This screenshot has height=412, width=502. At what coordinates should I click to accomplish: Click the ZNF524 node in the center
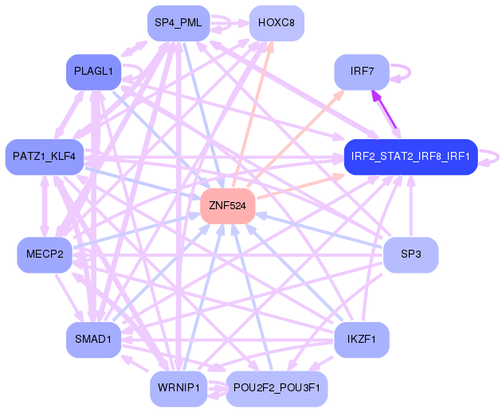coord(228,205)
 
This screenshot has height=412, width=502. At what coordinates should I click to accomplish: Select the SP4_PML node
coord(178,22)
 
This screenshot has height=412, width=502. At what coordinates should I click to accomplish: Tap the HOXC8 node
coord(276,22)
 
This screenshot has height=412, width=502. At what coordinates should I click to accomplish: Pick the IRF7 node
coord(361,72)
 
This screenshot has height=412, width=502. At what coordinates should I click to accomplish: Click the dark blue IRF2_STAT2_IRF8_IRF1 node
coord(410,156)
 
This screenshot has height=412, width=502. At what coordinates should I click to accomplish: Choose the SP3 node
coord(410,255)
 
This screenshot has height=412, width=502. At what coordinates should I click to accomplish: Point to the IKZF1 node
coord(361,339)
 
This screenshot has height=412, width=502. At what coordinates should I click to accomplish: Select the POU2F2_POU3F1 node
coord(276,388)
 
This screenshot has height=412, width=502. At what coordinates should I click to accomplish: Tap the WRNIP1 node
coord(178,388)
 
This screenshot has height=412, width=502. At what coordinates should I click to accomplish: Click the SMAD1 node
coord(93,339)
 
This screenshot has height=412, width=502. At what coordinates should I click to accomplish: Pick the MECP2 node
coord(45,255)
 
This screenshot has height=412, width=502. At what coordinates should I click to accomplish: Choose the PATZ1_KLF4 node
coord(45,156)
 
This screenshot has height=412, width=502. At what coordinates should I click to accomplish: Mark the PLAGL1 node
coord(93,72)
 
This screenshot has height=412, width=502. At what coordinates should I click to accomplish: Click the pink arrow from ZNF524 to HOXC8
coord(253,111)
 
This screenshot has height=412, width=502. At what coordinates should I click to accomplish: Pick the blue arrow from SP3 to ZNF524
coord(319,230)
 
